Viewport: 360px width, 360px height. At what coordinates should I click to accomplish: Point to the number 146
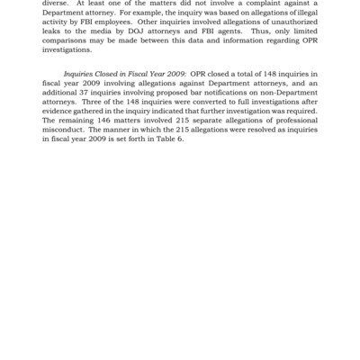click(127, 138)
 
